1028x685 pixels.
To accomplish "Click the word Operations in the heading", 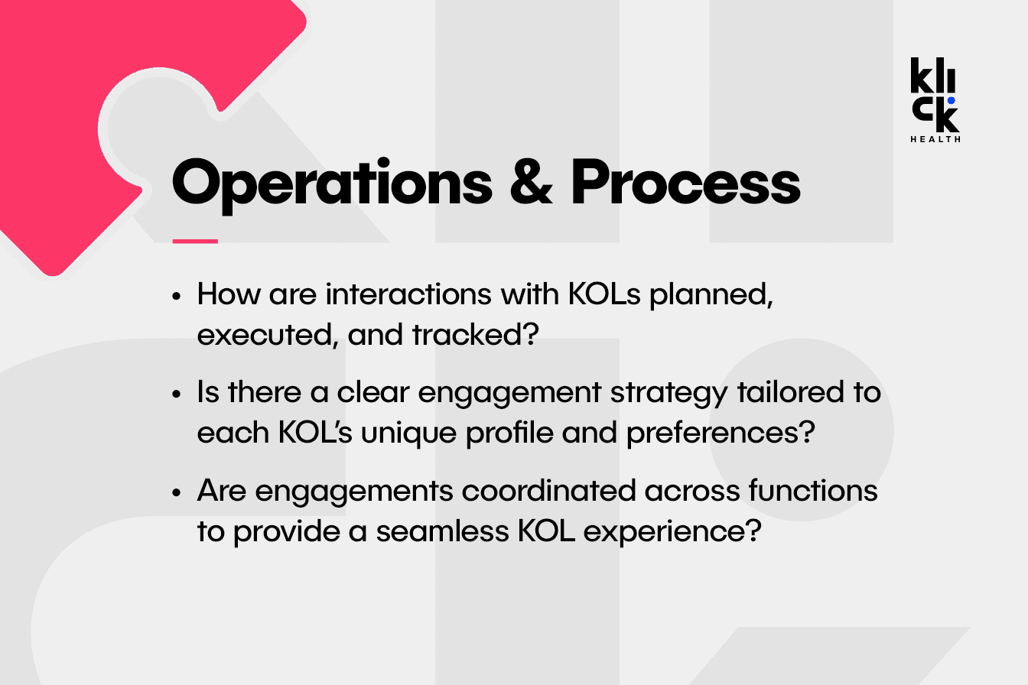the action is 332,183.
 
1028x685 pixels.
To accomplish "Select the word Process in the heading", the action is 685,182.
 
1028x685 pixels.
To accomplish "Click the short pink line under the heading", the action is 195,241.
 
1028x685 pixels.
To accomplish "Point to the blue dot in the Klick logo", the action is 951,100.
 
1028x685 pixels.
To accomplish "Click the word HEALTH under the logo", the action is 935,139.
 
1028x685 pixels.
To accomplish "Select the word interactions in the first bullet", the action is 408,294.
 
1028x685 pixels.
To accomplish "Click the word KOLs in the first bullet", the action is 604,294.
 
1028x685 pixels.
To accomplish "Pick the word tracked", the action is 475,334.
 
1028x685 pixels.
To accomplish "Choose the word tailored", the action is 791,392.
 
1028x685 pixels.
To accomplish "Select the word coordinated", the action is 548,491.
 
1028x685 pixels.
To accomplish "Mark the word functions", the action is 813,491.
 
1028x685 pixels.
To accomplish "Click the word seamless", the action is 442,531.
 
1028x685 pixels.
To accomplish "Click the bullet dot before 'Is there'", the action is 177,394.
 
